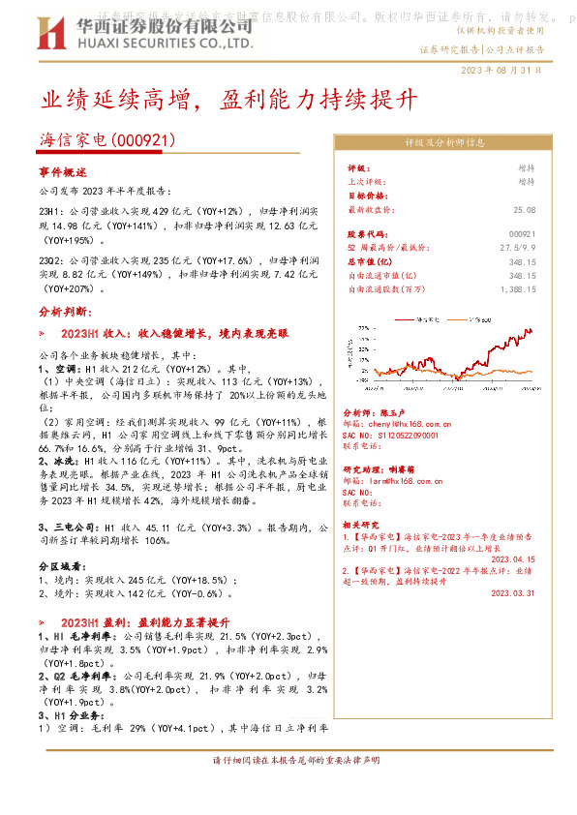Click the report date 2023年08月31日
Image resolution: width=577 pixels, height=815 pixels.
[x=501, y=71]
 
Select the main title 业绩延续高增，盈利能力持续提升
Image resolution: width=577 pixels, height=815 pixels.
[x=228, y=100]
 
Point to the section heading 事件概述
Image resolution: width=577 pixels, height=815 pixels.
[x=63, y=171]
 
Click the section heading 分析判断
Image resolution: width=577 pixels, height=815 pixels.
[x=66, y=313]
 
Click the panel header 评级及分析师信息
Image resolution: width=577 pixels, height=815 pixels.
[x=444, y=142]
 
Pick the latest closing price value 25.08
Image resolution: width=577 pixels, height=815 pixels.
[x=524, y=209]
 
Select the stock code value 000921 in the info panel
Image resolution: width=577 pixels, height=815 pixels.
[x=521, y=234]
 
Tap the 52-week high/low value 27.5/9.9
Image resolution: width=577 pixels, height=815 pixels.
[x=517, y=248]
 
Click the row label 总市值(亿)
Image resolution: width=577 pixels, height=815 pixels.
[x=369, y=261]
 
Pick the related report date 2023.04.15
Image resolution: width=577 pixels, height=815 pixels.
[x=512, y=558]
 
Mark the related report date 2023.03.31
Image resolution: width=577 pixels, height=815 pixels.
[x=512, y=593]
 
